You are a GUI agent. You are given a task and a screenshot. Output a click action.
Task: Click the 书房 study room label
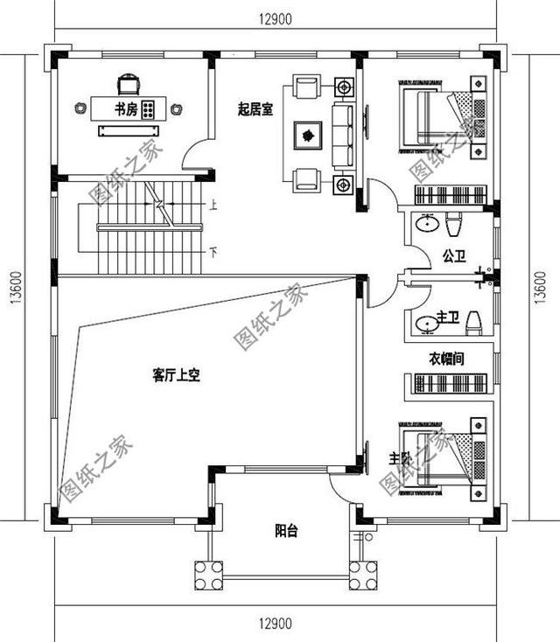(125, 109)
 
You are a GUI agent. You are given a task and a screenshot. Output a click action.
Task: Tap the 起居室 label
(255, 109)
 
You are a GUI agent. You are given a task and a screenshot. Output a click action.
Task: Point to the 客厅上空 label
(177, 376)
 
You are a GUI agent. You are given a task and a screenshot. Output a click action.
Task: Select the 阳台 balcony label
(286, 529)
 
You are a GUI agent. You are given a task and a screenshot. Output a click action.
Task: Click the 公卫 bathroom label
(453, 257)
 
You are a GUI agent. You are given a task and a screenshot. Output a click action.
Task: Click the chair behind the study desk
(128, 83)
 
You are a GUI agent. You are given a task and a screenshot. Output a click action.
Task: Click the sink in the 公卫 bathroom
(427, 223)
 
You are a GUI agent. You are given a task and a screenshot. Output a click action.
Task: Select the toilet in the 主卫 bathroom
(472, 324)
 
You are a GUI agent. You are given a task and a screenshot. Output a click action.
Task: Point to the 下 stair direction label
(213, 252)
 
